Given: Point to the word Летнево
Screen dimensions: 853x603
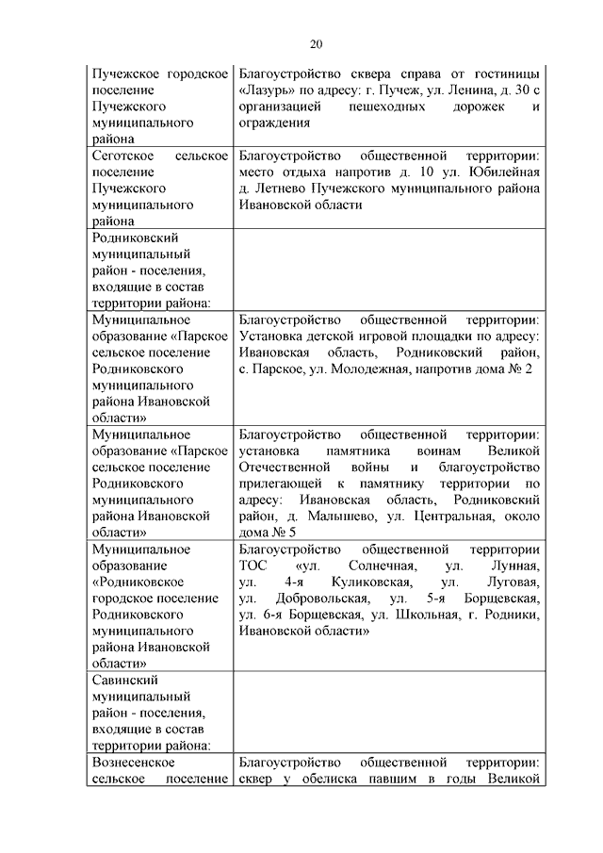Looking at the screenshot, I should [280, 188].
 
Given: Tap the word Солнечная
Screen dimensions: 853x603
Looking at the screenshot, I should [367, 566].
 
